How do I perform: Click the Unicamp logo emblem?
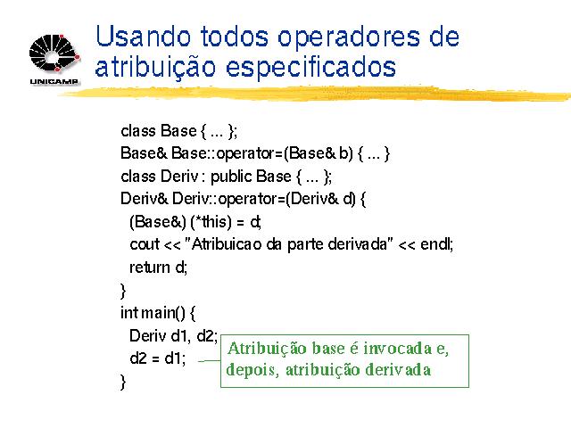click(x=54, y=53)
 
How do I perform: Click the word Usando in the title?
click(x=143, y=37)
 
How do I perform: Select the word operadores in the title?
click(x=349, y=38)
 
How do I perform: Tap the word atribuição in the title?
click(x=155, y=67)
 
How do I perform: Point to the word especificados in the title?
click(x=310, y=67)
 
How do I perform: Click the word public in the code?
click(x=231, y=177)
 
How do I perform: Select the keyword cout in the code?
click(x=145, y=244)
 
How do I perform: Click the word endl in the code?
click(x=435, y=243)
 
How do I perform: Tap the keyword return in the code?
click(x=150, y=267)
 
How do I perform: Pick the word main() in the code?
click(x=163, y=313)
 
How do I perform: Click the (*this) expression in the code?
click(x=211, y=222)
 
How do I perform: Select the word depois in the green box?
click(x=252, y=370)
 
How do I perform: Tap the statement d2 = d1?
click(x=158, y=358)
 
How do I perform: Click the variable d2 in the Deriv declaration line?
click(x=206, y=336)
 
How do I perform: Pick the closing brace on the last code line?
click(x=123, y=383)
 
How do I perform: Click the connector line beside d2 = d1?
click(x=210, y=361)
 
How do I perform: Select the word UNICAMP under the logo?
click(x=54, y=81)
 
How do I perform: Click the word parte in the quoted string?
click(x=305, y=245)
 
